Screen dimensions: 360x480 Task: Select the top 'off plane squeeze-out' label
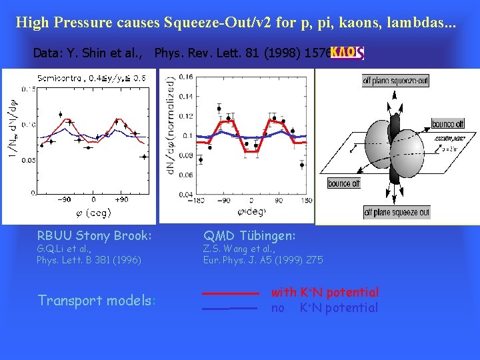click(x=395, y=81)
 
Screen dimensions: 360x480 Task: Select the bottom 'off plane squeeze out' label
click(x=397, y=213)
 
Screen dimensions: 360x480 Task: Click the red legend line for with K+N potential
click(x=230, y=293)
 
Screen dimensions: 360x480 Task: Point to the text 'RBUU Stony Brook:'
click(x=94, y=235)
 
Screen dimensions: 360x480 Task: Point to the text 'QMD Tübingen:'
click(x=249, y=235)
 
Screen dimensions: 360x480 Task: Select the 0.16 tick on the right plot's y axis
click(x=186, y=77)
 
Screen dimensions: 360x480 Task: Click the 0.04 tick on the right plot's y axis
click(x=186, y=193)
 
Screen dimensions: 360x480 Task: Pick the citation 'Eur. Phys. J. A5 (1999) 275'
click(x=263, y=260)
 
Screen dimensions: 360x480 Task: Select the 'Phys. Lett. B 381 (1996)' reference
click(x=89, y=260)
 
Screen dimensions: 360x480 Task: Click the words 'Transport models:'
click(x=97, y=301)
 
